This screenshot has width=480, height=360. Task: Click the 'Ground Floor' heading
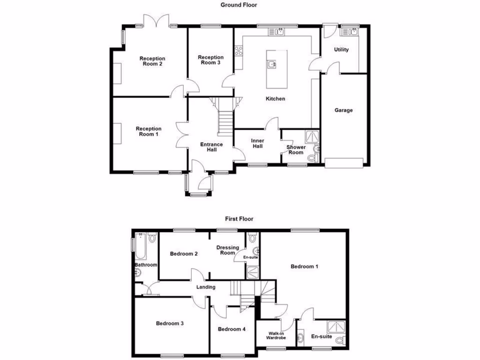coord(239,5)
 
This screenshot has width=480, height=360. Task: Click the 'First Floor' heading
coord(239,218)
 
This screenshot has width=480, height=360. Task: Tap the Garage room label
coord(343,111)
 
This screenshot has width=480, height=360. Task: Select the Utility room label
coord(341,50)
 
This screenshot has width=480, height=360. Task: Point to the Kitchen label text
coord(275,99)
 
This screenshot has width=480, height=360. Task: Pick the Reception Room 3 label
coord(210,60)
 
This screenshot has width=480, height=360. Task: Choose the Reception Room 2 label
coord(152,61)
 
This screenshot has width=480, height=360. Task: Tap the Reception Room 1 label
coord(149,131)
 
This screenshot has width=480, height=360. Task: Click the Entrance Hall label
coord(211,147)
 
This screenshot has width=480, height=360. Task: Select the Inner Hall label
coord(257,143)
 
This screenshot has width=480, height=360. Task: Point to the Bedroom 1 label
coord(305,267)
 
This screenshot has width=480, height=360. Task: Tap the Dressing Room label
coord(227,250)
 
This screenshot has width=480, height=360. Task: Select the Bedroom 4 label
coord(232,329)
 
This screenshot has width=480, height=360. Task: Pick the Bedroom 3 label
coord(170,323)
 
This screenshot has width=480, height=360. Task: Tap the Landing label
coord(206,287)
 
